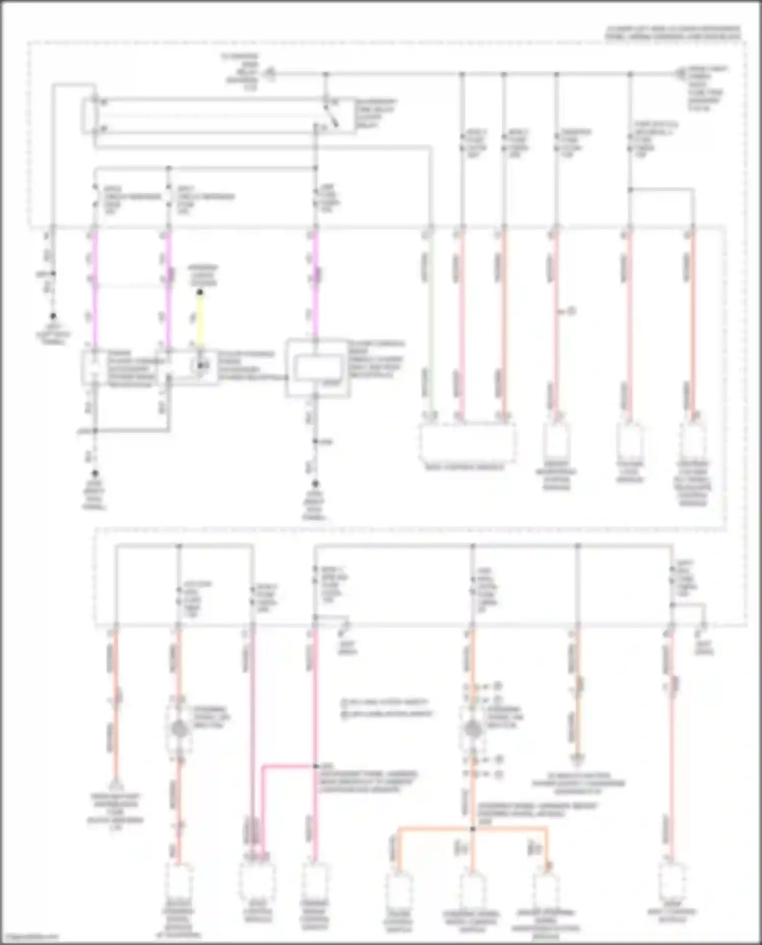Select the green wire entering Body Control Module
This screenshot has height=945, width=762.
coord(430,325)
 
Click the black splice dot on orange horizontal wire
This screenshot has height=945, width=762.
coord(472,829)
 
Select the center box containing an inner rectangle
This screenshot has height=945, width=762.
coord(318,368)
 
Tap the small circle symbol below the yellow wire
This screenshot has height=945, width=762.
coord(202,366)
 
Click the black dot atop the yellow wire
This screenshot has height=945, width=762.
coord(200,292)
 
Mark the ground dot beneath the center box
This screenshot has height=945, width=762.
coord(315,484)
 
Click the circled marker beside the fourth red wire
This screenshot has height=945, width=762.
coord(571,311)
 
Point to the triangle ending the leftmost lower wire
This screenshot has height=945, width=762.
coord(115,785)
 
